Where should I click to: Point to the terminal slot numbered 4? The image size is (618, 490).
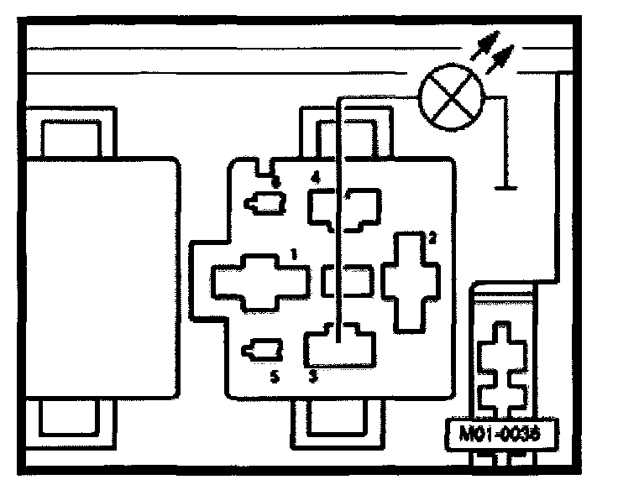click(344, 209)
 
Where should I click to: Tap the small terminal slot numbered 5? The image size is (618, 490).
click(262, 351)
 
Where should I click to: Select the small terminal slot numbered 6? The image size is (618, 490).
click(264, 202)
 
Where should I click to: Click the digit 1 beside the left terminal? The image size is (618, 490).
click(292, 252)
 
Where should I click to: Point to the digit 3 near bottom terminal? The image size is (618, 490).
click(313, 377)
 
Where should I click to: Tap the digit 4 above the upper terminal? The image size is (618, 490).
click(315, 178)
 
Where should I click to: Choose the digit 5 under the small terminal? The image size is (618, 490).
click(274, 377)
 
